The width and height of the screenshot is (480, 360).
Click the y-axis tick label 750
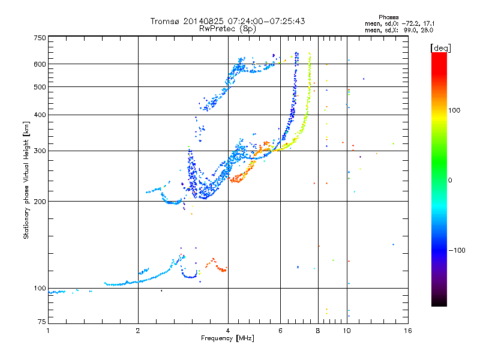coord(40,38)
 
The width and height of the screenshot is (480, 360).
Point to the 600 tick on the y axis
coord(40,64)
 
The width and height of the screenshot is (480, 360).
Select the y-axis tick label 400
coord(40,115)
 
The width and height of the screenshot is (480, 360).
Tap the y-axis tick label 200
coord(40,201)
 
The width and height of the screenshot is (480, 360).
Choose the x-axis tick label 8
coord(317,331)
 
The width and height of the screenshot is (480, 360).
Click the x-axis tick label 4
coord(228,331)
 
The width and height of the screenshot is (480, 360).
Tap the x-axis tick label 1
coord(48,331)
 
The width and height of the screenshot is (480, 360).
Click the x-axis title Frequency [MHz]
coord(227,339)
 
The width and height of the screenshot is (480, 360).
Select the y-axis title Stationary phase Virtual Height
coord(26,179)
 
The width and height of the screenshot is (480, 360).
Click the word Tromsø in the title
coord(166,21)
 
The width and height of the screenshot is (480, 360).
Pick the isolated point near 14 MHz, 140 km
coord(393,244)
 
